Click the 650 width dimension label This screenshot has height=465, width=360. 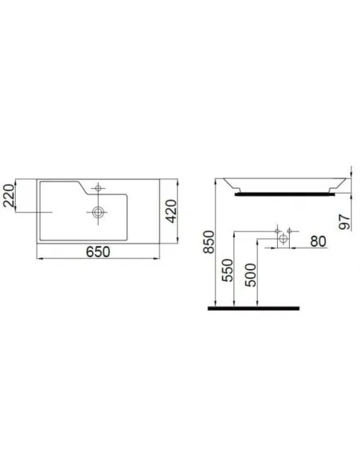tap(96, 252)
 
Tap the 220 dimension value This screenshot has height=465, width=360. tap(10, 194)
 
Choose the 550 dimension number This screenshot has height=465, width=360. tap(226, 270)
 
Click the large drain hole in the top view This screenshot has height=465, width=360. tap(98, 213)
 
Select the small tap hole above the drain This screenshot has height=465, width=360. tap(98, 189)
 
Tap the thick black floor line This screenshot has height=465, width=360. tap(253, 307)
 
